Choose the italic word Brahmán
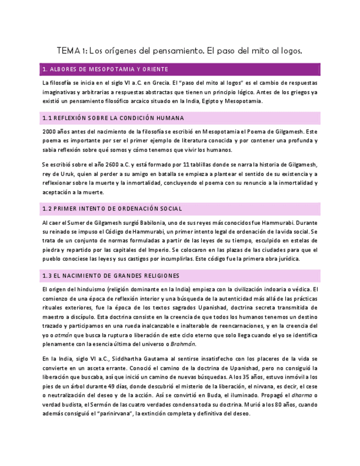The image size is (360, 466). [x=183, y=345]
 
